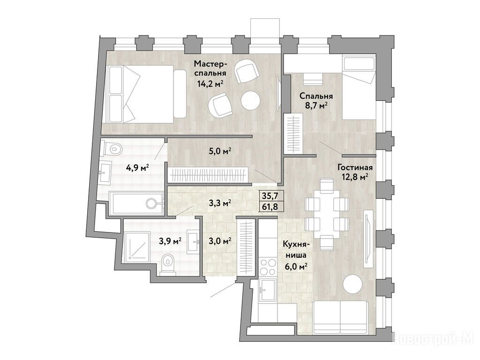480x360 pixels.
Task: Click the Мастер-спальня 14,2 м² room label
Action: click(x=210, y=74)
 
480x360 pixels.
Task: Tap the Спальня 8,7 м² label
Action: click(x=316, y=101)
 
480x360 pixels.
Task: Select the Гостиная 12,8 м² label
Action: click(x=355, y=172)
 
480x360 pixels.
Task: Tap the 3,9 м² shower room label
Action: click(x=170, y=241)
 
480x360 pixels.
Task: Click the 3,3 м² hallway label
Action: click(x=219, y=203)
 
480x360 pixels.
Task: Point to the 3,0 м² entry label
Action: click(x=219, y=241)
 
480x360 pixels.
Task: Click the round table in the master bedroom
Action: click(x=250, y=100)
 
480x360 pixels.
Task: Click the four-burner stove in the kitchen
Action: click(x=268, y=268)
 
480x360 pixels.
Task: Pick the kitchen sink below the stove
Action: click(x=268, y=290)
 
